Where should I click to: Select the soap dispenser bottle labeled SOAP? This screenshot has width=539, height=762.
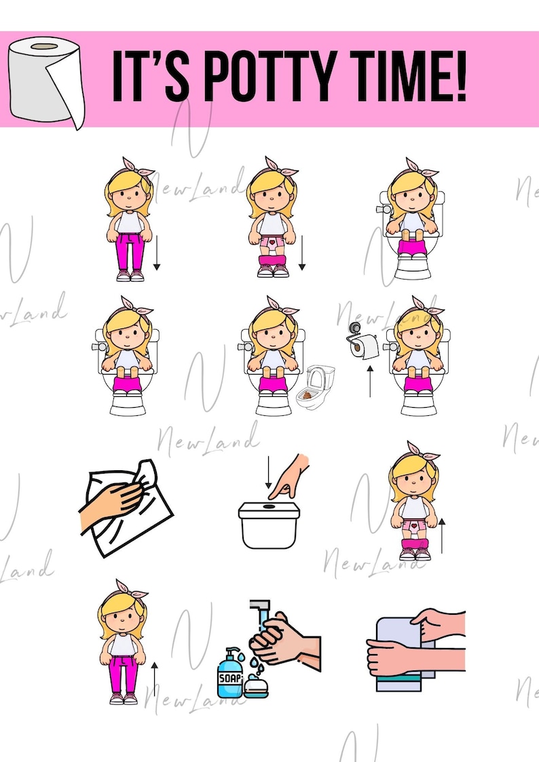point(229,673)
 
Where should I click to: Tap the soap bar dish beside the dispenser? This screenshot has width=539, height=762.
point(257,686)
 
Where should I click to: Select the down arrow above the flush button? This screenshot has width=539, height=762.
point(269,473)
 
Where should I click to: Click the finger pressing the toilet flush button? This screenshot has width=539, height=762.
point(293,472)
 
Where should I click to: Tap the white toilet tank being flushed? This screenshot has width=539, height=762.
point(269,524)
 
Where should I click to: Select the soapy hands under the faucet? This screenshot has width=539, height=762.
point(281,638)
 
